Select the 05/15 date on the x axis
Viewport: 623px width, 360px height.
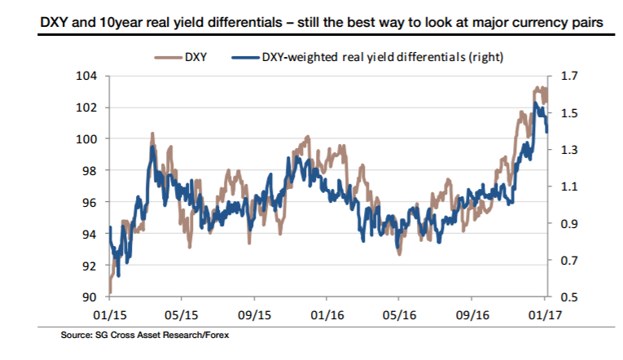point(182,314)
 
